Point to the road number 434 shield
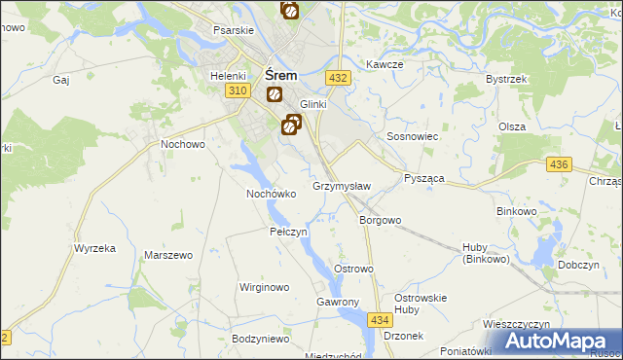point(380,319)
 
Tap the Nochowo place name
point(182,144)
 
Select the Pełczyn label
point(288,233)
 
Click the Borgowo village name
point(380,220)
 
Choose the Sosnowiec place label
point(414,137)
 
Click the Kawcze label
point(385,64)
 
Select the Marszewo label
point(165,255)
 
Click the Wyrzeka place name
point(94,248)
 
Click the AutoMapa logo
point(558,341)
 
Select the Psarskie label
point(234,30)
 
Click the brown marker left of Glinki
point(275,94)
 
